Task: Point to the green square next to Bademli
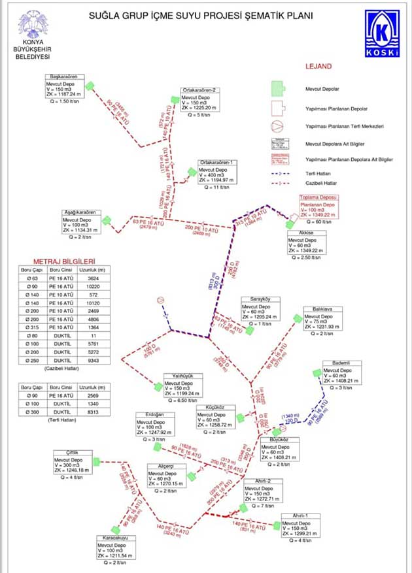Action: point(317,372)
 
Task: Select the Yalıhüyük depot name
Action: point(178,376)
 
